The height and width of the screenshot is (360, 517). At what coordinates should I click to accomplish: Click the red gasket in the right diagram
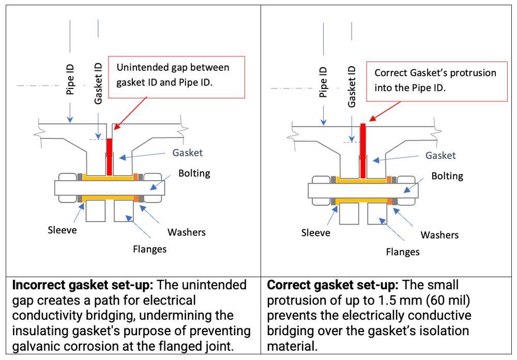[363, 150]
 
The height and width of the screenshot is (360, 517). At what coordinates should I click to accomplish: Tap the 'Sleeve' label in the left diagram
[62, 229]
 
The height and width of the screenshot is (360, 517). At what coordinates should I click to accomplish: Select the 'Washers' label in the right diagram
[439, 235]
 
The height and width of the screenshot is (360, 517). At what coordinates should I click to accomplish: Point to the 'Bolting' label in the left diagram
[194, 173]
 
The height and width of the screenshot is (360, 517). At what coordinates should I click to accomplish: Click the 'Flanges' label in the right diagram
[403, 252]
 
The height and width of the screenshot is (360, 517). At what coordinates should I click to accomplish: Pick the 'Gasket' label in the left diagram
[188, 153]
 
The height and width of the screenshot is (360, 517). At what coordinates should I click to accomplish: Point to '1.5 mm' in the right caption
[383, 300]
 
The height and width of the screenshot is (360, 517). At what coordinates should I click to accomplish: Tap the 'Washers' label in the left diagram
[187, 232]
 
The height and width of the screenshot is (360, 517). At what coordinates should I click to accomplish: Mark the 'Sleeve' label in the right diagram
[315, 233]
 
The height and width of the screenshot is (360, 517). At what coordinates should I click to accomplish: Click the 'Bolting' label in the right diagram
[448, 176]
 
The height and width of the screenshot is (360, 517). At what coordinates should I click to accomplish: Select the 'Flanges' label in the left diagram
[149, 249]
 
